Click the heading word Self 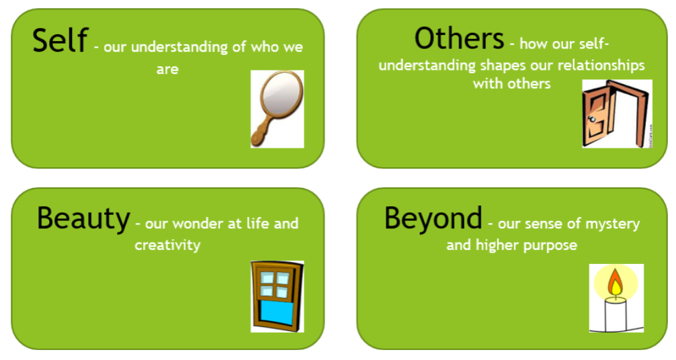[60, 40]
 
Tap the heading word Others [459, 38]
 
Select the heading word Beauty [83, 219]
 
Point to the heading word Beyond [433, 219]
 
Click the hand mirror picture [278, 109]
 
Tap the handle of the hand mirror [261, 132]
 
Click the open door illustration [617, 114]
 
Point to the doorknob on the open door [592, 119]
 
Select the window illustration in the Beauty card [278, 296]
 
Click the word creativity [167, 245]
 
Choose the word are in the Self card [167, 69]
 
